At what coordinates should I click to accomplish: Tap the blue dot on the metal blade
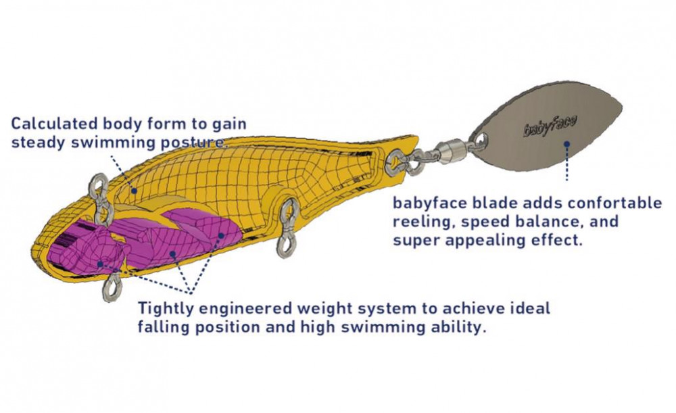pyautogui.click(x=566, y=143)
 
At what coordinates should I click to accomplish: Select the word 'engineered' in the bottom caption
pyautogui.click(x=238, y=309)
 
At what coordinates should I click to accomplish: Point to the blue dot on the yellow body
pyautogui.click(x=135, y=191)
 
